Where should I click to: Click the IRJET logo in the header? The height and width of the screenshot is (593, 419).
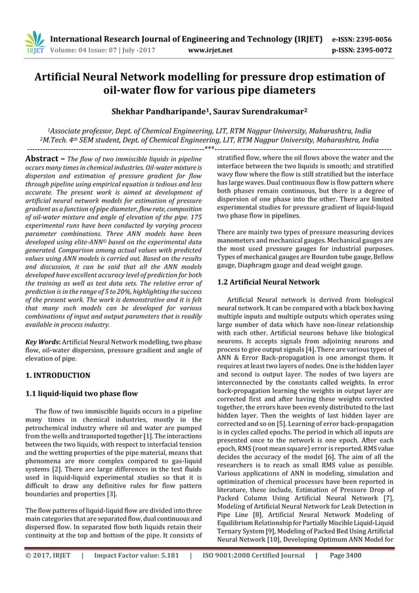33,42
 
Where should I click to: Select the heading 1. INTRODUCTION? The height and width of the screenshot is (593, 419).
57,375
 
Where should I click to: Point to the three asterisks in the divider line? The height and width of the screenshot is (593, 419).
209,149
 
